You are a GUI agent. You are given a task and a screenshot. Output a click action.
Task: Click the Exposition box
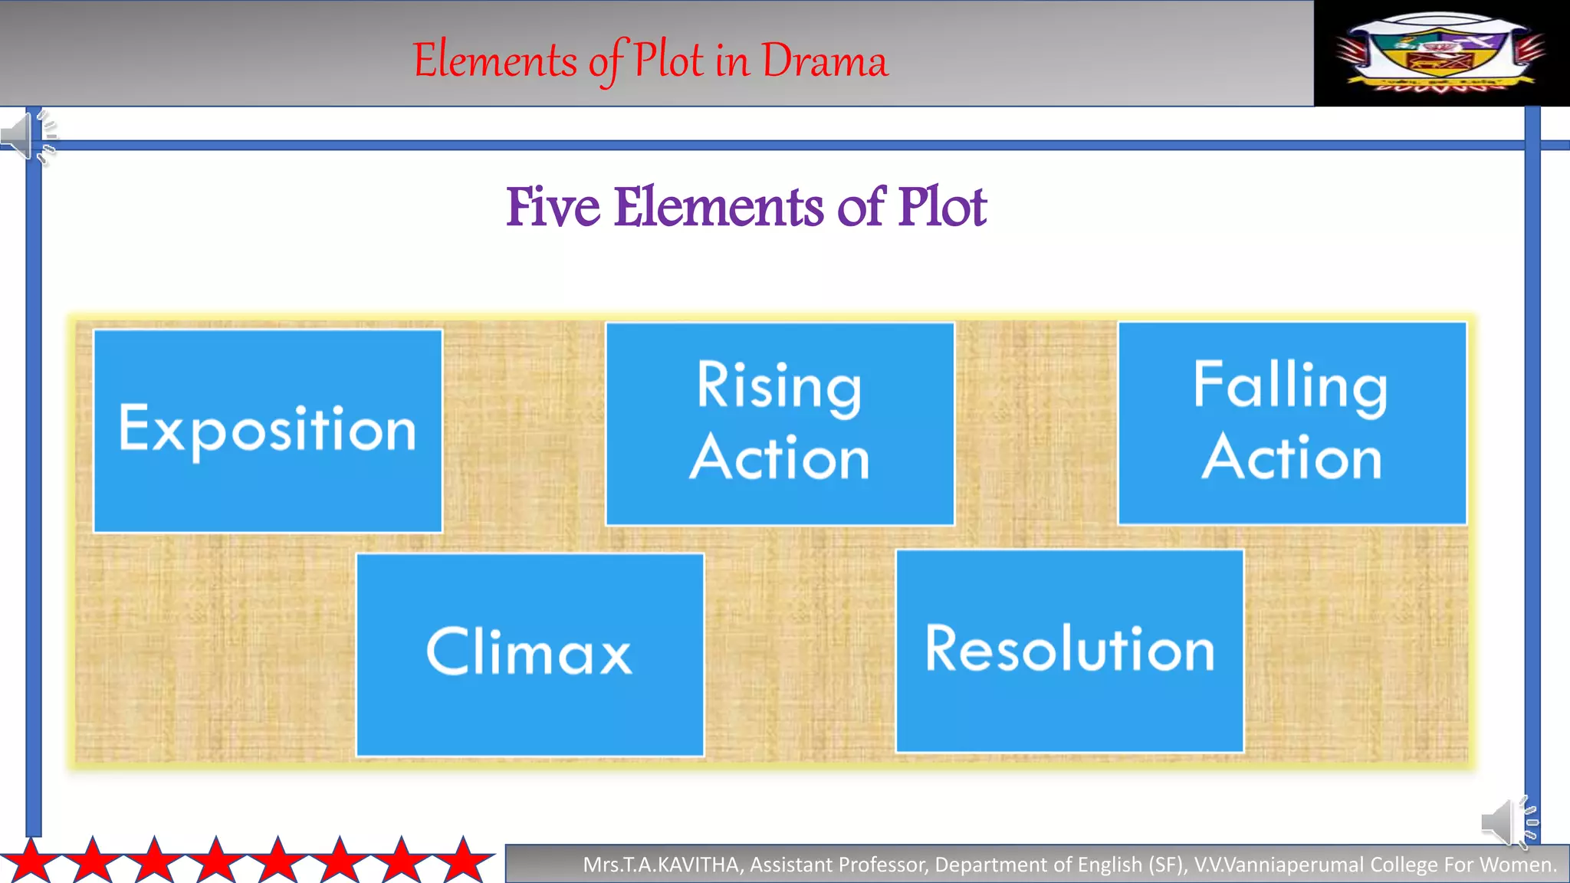(x=268, y=430)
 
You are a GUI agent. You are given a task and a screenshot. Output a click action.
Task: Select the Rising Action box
(x=780, y=424)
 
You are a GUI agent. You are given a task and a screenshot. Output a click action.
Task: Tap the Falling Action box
(x=1292, y=423)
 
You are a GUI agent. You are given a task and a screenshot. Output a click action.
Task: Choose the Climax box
(x=530, y=654)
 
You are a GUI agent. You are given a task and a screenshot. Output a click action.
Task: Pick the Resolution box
(x=1069, y=651)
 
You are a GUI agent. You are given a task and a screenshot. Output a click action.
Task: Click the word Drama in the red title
(x=825, y=61)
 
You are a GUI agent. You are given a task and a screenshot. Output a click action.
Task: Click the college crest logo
(x=1440, y=52)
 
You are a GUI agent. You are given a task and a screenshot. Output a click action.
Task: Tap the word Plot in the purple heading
(x=942, y=207)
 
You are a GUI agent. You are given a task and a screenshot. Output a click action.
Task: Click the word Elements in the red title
(x=495, y=61)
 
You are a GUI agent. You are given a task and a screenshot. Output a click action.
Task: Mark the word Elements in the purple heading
(x=718, y=207)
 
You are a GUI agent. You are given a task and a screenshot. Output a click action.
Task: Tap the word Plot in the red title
(x=668, y=61)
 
